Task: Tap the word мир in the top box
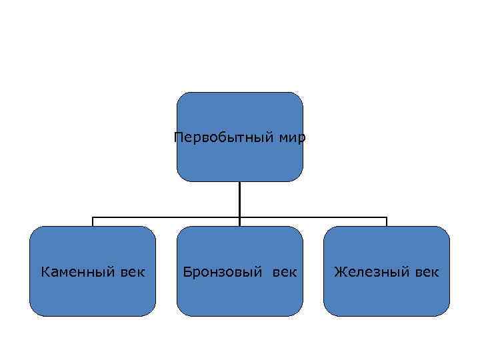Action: pyautogui.click(x=293, y=138)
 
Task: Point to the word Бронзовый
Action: pyautogui.click(x=223, y=272)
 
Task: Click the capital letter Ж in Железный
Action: pyautogui.click(x=339, y=272)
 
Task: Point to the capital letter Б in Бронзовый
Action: pyautogui.click(x=188, y=272)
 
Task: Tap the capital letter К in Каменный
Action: pyautogui.click(x=45, y=272)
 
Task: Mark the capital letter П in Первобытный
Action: pyautogui.click(x=178, y=138)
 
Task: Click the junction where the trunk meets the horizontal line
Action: pyautogui.click(x=239, y=217)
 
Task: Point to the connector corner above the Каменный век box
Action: pyautogui.click(x=93, y=217)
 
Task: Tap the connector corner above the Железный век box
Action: pyautogui.click(x=387, y=217)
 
